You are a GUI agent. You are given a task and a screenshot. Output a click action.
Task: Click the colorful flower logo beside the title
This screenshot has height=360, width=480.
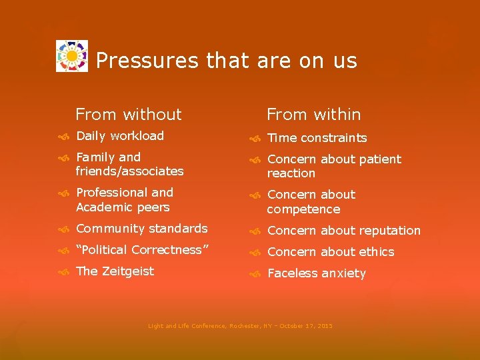tap(72, 57)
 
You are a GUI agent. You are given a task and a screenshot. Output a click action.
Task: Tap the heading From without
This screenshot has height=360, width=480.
tap(128, 115)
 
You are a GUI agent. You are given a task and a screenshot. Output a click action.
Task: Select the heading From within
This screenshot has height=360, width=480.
tap(313, 115)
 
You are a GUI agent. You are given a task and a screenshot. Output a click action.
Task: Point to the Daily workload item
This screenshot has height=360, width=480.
tap(120, 136)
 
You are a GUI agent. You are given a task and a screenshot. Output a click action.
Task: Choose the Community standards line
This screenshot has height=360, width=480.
tap(142, 229)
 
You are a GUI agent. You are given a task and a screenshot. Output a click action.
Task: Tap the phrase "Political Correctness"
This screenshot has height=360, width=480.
tap(143, 250)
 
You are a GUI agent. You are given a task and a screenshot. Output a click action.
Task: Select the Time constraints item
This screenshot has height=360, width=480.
tap(317, 138)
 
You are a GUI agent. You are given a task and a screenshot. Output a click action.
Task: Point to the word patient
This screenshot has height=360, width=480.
tap(379, 159)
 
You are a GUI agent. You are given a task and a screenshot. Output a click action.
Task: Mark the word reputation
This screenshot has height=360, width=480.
tap(389, 231)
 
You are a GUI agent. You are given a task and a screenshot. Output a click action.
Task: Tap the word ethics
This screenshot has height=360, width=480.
tap(377, 252)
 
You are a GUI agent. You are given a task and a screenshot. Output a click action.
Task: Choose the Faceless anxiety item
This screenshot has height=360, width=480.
tap(316, 273)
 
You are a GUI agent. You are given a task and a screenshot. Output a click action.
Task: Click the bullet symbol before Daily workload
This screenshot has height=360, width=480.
tap(62, 137)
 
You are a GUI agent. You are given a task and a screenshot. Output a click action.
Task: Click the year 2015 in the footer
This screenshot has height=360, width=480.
tap(325, 326)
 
